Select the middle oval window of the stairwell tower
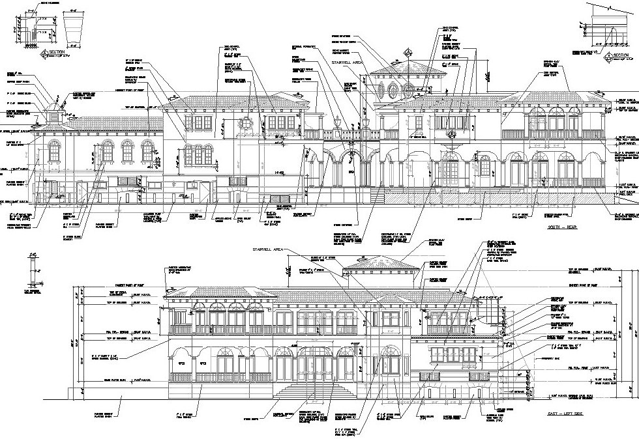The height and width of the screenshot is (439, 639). (396, 89)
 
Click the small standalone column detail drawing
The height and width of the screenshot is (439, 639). (30, 274)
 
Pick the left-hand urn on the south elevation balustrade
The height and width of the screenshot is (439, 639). (338, 122)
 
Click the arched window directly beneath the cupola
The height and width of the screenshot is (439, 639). (53, 152)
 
